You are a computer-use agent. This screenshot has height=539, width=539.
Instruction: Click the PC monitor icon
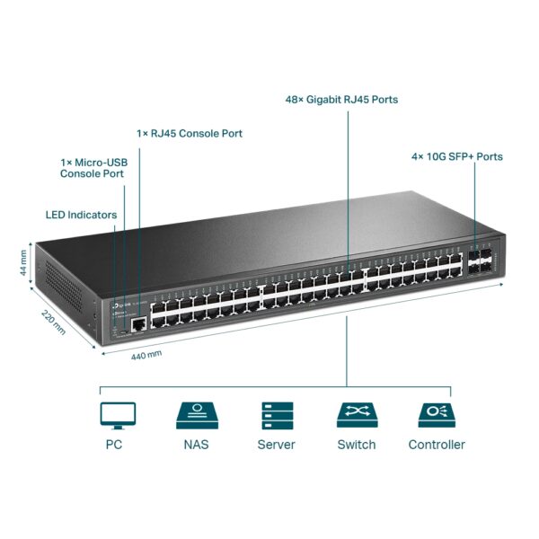(118, 414)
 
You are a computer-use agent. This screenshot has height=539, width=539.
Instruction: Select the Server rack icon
(276, 414)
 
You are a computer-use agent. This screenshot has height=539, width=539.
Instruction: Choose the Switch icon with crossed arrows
(356, 414)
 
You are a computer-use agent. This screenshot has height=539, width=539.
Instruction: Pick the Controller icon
(437, 414)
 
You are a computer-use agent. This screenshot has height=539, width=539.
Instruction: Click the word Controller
(437, 445)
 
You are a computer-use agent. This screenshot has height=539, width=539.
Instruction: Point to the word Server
(276, 445)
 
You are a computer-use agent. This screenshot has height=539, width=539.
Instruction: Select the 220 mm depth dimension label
(53, 321)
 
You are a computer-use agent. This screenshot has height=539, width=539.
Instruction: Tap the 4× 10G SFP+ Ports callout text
(456, 156)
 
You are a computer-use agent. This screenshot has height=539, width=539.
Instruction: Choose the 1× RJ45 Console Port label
(190, 133)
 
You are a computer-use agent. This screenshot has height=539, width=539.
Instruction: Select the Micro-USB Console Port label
(92, 167)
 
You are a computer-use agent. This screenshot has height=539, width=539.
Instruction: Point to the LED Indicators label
(81, 215)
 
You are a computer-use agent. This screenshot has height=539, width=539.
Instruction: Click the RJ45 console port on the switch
(137, 322)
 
